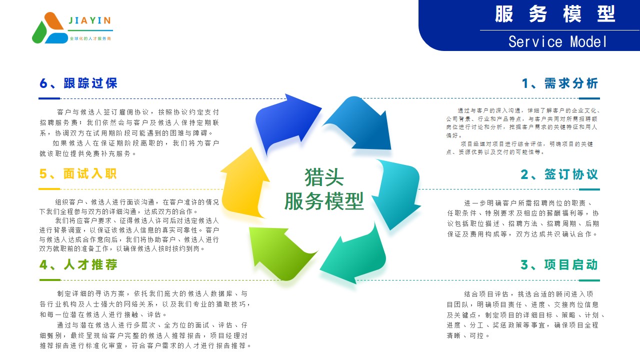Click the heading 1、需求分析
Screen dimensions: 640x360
tap(560, 83)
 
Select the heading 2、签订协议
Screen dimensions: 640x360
tap(559, 174)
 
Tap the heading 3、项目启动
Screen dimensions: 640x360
tap(559, 265)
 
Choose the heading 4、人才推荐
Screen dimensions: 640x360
tap(78, 264)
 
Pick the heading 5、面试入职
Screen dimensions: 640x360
tap(78, 173)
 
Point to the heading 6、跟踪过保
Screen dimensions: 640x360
tap(78, 83)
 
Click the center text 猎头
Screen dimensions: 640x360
tap(324, 177)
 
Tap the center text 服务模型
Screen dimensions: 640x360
tap(324, 201)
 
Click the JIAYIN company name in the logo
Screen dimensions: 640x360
tap(89, 20)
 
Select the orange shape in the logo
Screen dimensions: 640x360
tap(54, 20)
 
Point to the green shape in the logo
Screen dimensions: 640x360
tap(39, 33)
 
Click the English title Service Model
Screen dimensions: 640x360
tap(557, 41)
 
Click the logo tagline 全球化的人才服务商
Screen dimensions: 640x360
tap(90, 38)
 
